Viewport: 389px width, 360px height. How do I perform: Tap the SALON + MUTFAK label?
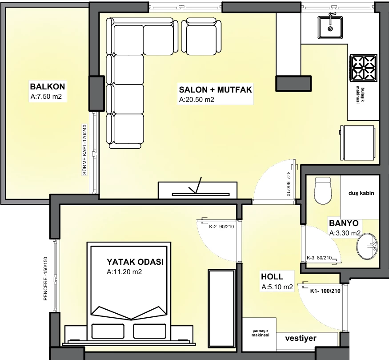(x=215, y=89)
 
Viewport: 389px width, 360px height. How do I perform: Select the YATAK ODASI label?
(x=135, y=262)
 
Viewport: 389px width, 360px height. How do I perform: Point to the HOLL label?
(x=272, y=277)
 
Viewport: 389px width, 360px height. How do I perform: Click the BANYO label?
(x=344, y=223)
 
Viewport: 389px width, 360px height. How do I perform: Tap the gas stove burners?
(x=364, y=68)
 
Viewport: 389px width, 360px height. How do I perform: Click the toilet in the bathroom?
(x=323, y=190)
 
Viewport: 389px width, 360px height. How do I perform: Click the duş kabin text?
(x=361, y=193)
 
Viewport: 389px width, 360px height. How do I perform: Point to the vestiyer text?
(x=301, y=338)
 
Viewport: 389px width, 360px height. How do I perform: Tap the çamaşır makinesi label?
(x=260, y=333)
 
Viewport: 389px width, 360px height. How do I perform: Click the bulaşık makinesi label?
(x=360, y=95)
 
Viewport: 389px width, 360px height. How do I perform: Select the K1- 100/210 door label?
(x=325, y=291)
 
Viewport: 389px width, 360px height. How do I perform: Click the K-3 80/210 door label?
(x=319, y=258)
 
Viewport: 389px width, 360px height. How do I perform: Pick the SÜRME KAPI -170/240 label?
(x=84, y=150)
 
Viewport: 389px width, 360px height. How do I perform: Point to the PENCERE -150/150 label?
(x=45, y=279)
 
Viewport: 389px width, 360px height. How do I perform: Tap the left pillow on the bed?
(x=108, y=331)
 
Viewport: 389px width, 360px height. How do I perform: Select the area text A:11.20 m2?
(x=124, y=272)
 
